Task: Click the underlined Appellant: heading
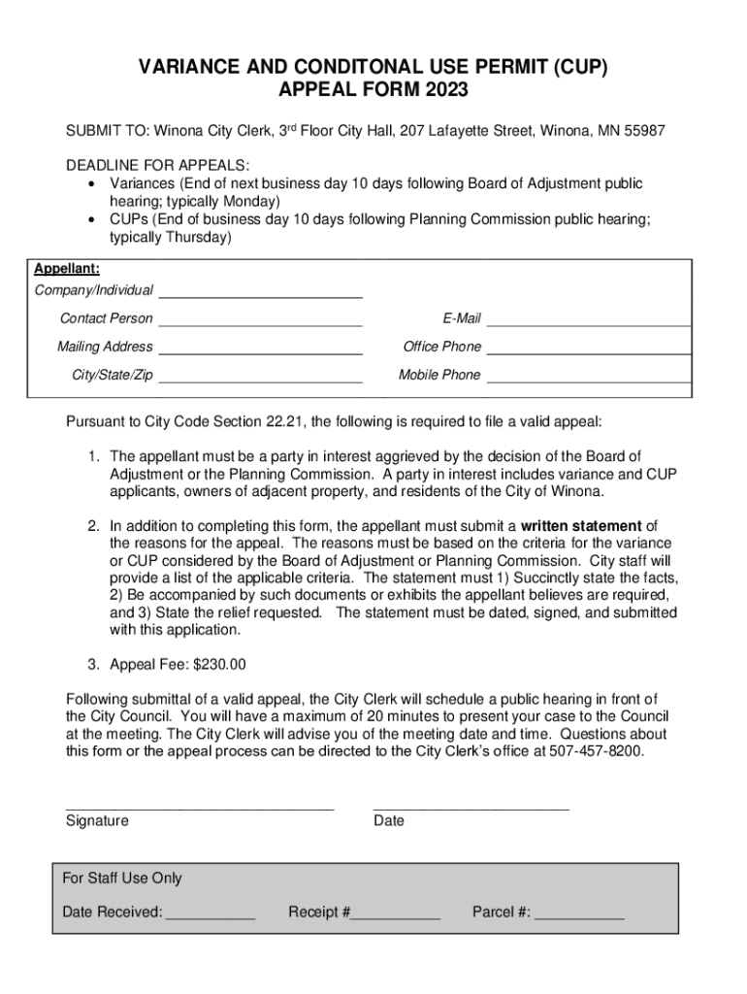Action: point(67,269)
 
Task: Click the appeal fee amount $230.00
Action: point(219,665)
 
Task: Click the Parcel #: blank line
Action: point(579,914)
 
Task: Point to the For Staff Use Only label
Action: point(122,878)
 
